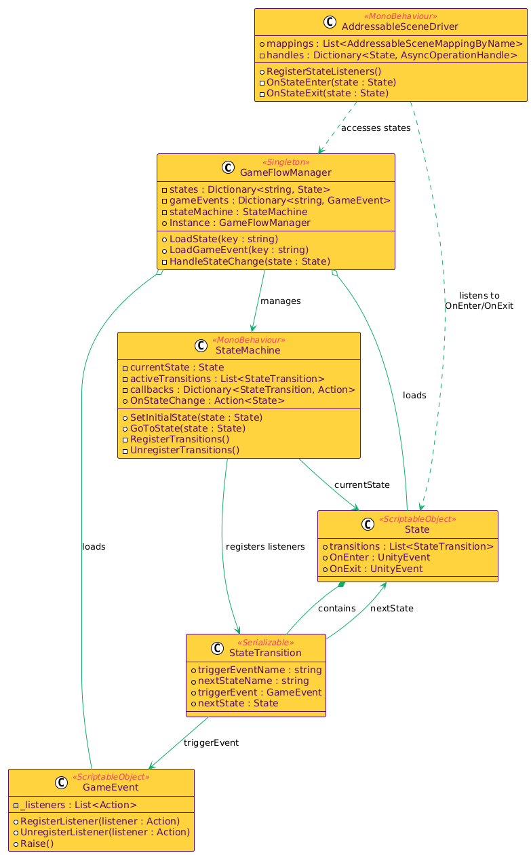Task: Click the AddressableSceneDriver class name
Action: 390,26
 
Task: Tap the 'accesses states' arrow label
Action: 376,128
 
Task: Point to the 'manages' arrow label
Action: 280,301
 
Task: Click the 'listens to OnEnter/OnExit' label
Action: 479,301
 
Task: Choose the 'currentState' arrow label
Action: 361,484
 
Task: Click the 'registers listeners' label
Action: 265,547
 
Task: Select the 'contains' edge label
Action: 336,608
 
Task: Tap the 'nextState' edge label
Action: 391,608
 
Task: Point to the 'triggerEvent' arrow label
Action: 211,742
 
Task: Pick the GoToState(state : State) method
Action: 187,428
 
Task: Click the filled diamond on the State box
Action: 343,584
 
